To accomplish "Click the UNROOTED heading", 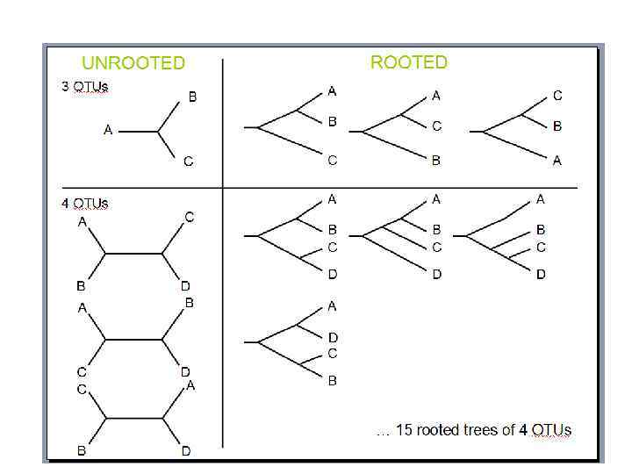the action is tap(133, 63).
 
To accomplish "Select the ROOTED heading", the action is tap(408, 62).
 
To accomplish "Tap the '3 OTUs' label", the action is tap(85, 88).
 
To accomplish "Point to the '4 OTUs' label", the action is tap(85, 204).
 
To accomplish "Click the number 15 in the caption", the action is tap(405, 430).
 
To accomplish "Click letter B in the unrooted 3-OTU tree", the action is tap(192, 97).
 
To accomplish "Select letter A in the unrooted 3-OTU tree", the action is tap(108, 131).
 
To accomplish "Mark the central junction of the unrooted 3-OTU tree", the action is tap(159, 132).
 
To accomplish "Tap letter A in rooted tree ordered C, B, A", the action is tap(557, 161).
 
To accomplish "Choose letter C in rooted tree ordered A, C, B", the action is tap(436, 126).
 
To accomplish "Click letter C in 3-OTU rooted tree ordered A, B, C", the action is tap(332, 160).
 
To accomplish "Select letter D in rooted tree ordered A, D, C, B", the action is tap(333, 337).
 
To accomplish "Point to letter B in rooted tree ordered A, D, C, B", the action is tap(333, 381).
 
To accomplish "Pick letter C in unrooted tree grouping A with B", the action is tap(190, 217).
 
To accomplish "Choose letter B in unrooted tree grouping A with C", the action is tap(189, 303).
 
